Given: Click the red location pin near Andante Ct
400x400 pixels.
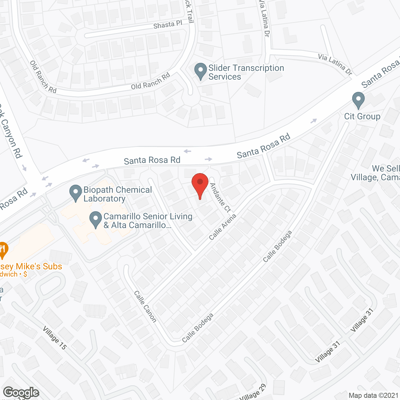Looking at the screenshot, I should [x=200, y=183].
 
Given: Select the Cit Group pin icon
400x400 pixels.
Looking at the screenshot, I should [x=358, y=100].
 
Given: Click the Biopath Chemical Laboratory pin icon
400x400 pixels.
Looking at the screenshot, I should [x=75, y=192].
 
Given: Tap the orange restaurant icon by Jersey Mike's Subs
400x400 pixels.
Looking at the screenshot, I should [x=3, y=249].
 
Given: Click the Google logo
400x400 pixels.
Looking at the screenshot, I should [x=21, y=392].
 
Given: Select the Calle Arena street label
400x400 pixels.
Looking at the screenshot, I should [x=222, y=227].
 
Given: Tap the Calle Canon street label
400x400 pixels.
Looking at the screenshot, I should [x=145, y=306].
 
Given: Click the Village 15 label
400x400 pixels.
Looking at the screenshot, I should [x=55, y=338].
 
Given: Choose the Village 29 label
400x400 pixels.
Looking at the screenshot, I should [x=253, y=393].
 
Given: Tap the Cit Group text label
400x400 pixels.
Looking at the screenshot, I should [x=362, y=117].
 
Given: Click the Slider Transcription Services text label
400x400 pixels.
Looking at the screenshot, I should [x=246, y=72].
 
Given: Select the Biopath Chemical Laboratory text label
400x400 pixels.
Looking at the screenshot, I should [x=117, y=194].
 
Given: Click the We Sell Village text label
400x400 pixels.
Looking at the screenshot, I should [x=375, y=173].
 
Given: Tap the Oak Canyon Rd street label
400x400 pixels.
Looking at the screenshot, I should [x=11, y=131].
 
